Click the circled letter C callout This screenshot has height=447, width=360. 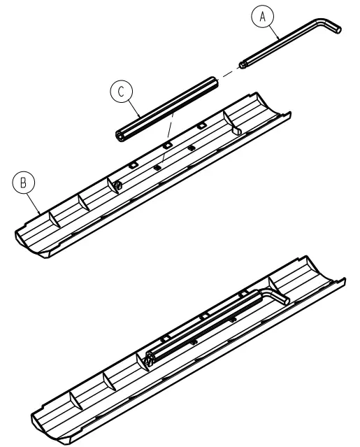(121, 92)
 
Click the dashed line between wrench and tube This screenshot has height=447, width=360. (229, 73)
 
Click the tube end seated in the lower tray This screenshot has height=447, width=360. (151, 361)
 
